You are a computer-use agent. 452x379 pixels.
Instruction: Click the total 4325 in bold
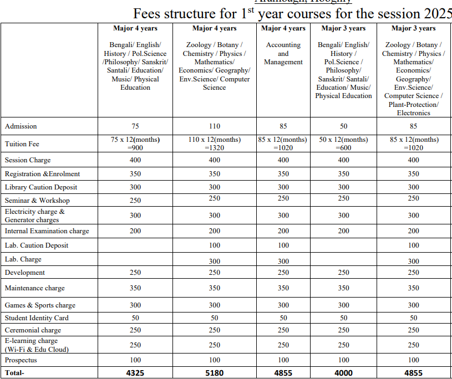point(135,373)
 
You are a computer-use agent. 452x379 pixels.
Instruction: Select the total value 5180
point(215,373)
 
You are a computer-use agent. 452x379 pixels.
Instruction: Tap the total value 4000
point(344,373)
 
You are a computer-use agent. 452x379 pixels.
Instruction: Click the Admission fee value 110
point(215,126)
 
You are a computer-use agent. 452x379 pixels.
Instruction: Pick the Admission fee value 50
point(344,126)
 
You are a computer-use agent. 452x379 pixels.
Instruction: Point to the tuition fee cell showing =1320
point(215,147)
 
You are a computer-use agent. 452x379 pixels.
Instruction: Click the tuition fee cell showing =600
point(344,147)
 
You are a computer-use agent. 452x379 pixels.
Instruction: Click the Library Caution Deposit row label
point(41,187)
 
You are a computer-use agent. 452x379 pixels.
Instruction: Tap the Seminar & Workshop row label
point(37,201)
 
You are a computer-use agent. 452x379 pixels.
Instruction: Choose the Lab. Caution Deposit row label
point(37,245)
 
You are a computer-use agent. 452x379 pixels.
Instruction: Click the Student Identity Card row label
point(37,318)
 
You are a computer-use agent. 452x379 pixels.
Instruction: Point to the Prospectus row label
point(21,360)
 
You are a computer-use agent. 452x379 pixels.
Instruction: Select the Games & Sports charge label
point(40,305)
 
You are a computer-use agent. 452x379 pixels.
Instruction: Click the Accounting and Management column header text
point(283,54)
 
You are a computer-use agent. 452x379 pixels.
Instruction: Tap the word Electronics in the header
point(413,113)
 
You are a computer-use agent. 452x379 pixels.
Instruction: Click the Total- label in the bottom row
point(14,373)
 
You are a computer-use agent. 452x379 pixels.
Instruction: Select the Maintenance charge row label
point(35,288)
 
